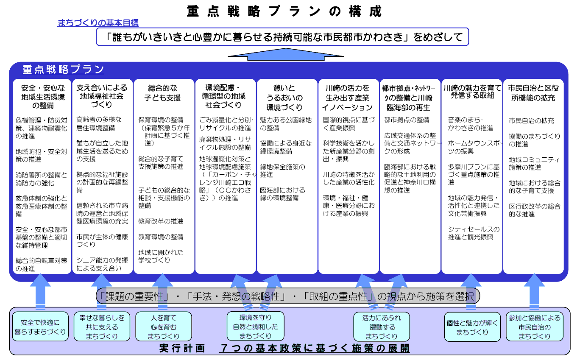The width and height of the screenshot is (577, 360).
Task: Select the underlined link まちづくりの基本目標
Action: [98, 23]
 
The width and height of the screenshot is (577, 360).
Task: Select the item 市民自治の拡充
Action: [531, 121]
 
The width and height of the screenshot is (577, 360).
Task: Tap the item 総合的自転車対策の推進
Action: [41, 265]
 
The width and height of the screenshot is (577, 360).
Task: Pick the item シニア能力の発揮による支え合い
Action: [102, 264]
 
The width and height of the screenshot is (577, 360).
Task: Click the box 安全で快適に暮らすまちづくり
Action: [40, 327]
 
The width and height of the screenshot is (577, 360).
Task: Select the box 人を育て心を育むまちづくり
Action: [163, 327]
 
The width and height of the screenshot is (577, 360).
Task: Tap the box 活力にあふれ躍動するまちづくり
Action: [382, 327]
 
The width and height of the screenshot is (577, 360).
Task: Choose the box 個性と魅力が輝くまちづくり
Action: [472, 327]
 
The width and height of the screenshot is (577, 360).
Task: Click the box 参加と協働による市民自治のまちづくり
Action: [534, 327]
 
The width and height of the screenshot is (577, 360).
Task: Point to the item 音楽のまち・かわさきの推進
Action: [471, 124]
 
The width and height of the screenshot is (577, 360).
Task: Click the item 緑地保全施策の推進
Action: [282, 170]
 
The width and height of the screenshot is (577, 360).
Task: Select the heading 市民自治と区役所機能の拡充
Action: [533, 93]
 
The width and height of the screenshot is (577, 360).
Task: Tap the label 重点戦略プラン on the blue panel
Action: [63, 70]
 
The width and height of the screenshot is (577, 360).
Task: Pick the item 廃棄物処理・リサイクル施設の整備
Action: [225, 143]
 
